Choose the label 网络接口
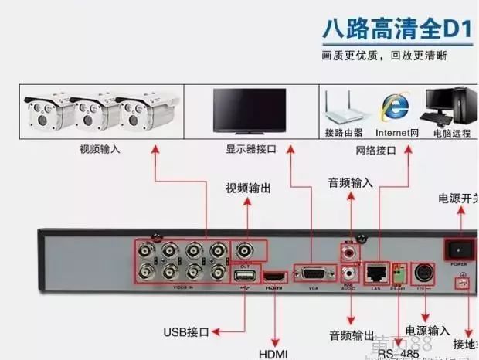point(375,149)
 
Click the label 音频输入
point(350,183)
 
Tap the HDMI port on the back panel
point(274,275)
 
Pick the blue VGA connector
point(313,273)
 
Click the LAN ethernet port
point(376,272)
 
